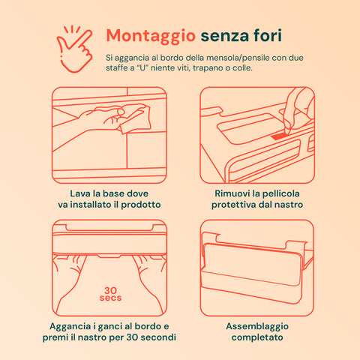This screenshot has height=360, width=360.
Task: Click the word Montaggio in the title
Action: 150,35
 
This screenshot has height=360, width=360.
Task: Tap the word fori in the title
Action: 265,35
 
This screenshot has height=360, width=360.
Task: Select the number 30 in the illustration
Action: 109,289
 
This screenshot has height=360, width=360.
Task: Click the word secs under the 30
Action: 109,298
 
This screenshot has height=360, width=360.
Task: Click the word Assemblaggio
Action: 257,326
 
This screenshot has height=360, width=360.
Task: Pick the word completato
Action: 257,338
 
